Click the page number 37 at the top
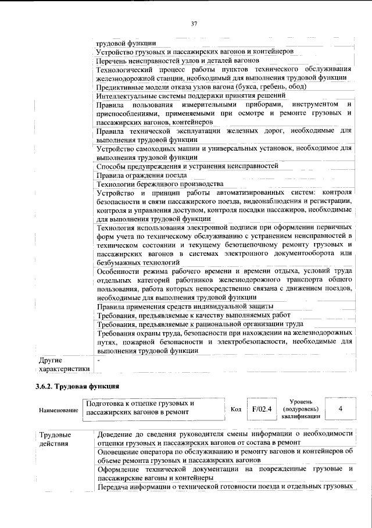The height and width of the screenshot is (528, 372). click(x=194, y=23)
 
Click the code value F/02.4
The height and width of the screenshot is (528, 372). click(x=262, y=409)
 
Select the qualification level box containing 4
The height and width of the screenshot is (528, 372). click(x=340, y=409)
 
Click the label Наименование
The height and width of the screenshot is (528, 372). click(x=59, y=410)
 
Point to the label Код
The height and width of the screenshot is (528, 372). click(x=236, y=409)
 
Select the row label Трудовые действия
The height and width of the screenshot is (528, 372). click(x=55, y=439)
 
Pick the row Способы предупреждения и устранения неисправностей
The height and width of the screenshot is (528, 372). click(x=187, y=166)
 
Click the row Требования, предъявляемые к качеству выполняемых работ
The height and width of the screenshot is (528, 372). click(x=193, y=315)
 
